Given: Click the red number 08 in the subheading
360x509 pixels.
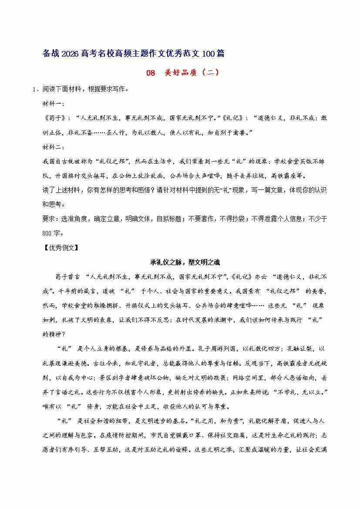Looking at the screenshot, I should pos(150,73).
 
